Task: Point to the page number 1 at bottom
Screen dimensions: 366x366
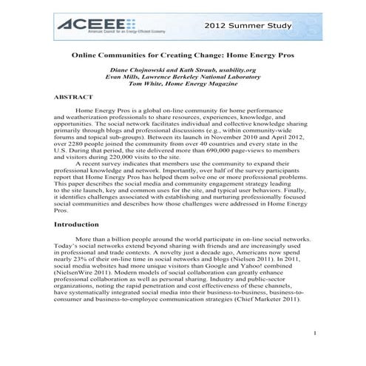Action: pyautogui.click(x=314, y=333)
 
